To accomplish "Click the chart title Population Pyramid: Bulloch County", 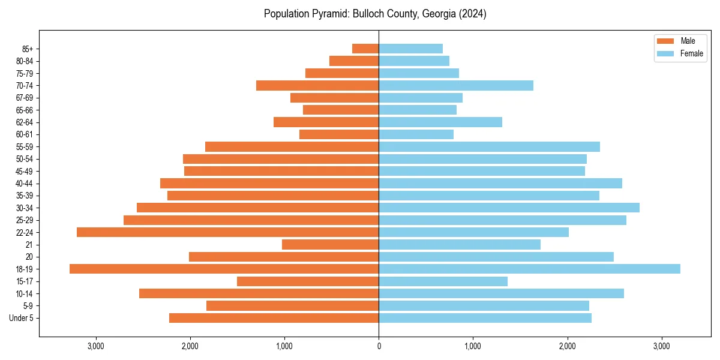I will pyautogui.click(x=375, y=14).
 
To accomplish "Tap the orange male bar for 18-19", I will pyautogui.click(x=224, y=269).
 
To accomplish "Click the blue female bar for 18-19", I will pyautogui.click(x=529, y=269).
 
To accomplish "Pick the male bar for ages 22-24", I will pyautogui.click(x=227, y=232).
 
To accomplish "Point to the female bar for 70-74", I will pyautogui.click(x=456, y=85).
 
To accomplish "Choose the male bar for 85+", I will pyautogui.click(x=365, y=49).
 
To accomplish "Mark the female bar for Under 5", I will pyautogui.click(x=485, y=318).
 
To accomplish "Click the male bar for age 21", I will pyautogui.click(x=330, y=244).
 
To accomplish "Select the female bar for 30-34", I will pyautogui.click(x=509, y=208).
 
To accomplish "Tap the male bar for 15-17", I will pyautogui.click(x=308, y=281).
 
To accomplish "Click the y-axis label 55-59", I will pyautogui.click(x=25, y=146).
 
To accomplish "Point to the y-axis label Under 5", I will pyautogui.click(x=21, y=318).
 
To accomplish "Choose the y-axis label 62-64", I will pyautogui.click(x=25, y=122).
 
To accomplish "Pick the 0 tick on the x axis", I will pyautogui.click(x=379, y=346).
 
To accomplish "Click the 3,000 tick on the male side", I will pyautogui.click(x=96, y=346).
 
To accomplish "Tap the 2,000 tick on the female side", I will pyautogui.click(x=567, y=346).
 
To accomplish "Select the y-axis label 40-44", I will pyautogui.click(x=25, y=183).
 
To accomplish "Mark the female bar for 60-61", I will pyautogui.click(x=416, y=134).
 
